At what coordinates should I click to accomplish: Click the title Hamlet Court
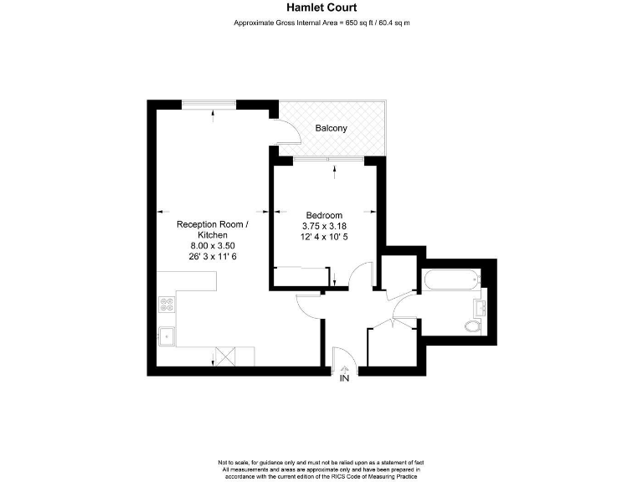321,8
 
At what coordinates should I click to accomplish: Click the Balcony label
331,128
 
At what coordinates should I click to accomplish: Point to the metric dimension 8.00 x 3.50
212,246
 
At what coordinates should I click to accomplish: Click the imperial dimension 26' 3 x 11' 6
212,257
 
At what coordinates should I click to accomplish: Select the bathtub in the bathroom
452,279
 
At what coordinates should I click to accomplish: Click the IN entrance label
344,379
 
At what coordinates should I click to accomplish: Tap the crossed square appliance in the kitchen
224,355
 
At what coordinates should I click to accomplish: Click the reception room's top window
210,104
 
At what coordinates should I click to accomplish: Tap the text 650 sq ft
362,23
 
